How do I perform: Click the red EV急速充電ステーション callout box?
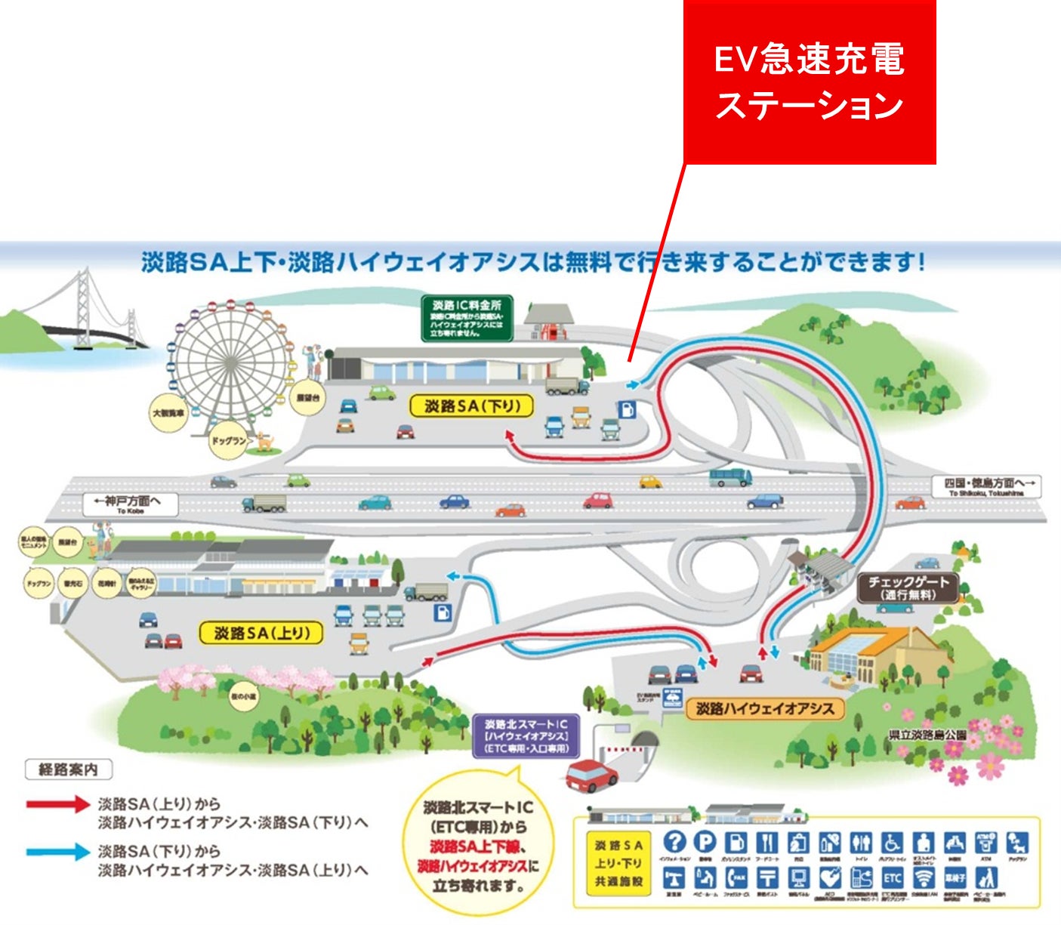coord(810,82)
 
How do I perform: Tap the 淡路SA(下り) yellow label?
coord(472,406)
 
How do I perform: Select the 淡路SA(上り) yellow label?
coord(261,633)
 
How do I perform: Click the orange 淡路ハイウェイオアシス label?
coord(764,709)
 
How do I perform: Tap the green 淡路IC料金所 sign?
coord(467,318)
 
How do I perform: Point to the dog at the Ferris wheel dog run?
coord(264,440)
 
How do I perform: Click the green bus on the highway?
coord(730,477)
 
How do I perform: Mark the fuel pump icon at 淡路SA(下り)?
coord(627,409)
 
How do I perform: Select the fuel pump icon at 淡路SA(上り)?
coord(443,612)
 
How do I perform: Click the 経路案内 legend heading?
coord(68,769)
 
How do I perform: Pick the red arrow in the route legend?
coord(58,804)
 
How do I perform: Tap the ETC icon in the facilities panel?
coord(892,877)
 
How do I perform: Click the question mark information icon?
coord(674,842)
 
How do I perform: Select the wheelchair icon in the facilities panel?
coord(892,842)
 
